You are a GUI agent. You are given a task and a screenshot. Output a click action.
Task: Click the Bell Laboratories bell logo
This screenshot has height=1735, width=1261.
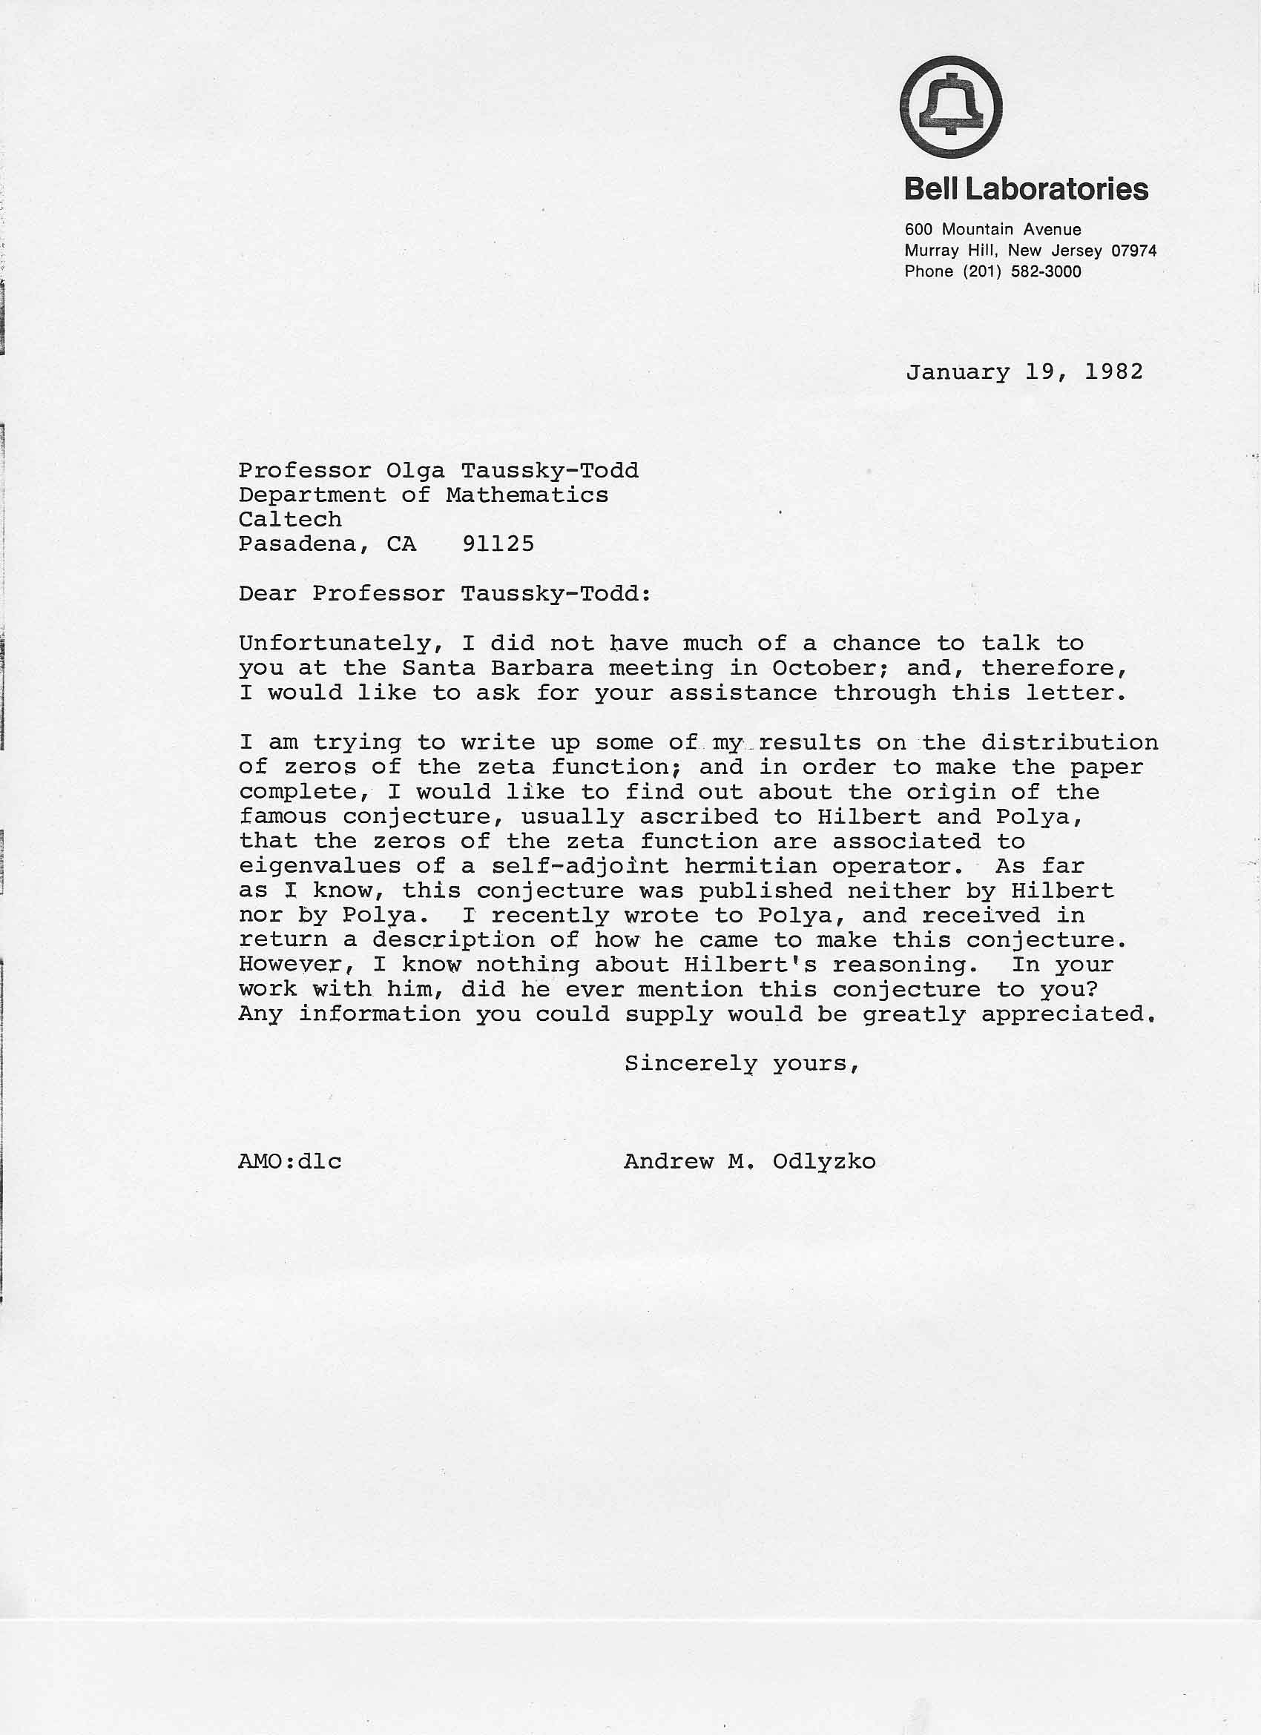pyautogui.click(x=950, y=107)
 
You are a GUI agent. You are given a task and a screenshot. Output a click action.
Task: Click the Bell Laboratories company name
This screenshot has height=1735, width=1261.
pyautogui.click(x=1026, y=189)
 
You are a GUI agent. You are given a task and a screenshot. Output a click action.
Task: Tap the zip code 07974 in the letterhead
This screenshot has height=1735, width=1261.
pyautogui.click(x=1133, y=250)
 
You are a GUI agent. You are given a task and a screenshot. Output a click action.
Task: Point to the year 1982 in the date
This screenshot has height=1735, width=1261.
pyautogui.click(x=1113, y=371)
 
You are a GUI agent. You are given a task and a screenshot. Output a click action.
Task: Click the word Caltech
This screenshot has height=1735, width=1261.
pyautogui.click(x=290, y=520)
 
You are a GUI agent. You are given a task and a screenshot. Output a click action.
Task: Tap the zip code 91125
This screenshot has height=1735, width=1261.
pyautogui.click(x=498, y=544)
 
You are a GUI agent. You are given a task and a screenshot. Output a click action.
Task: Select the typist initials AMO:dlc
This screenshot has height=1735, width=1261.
pyautogui.click(x=290, y=1162)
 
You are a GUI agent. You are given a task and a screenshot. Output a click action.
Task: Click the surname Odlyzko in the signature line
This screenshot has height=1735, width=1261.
pyautogui.click(x=823, y=1162)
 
